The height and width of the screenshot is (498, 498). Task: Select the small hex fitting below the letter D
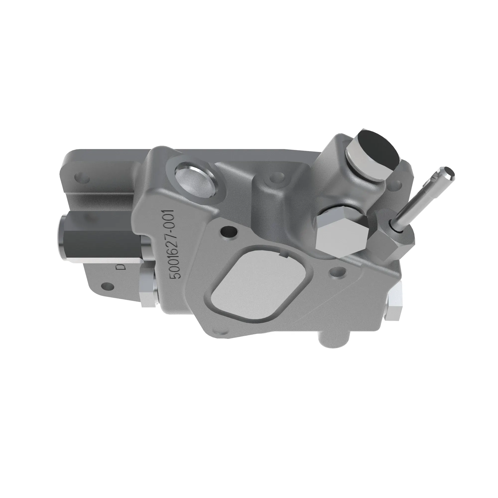point(148,290)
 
